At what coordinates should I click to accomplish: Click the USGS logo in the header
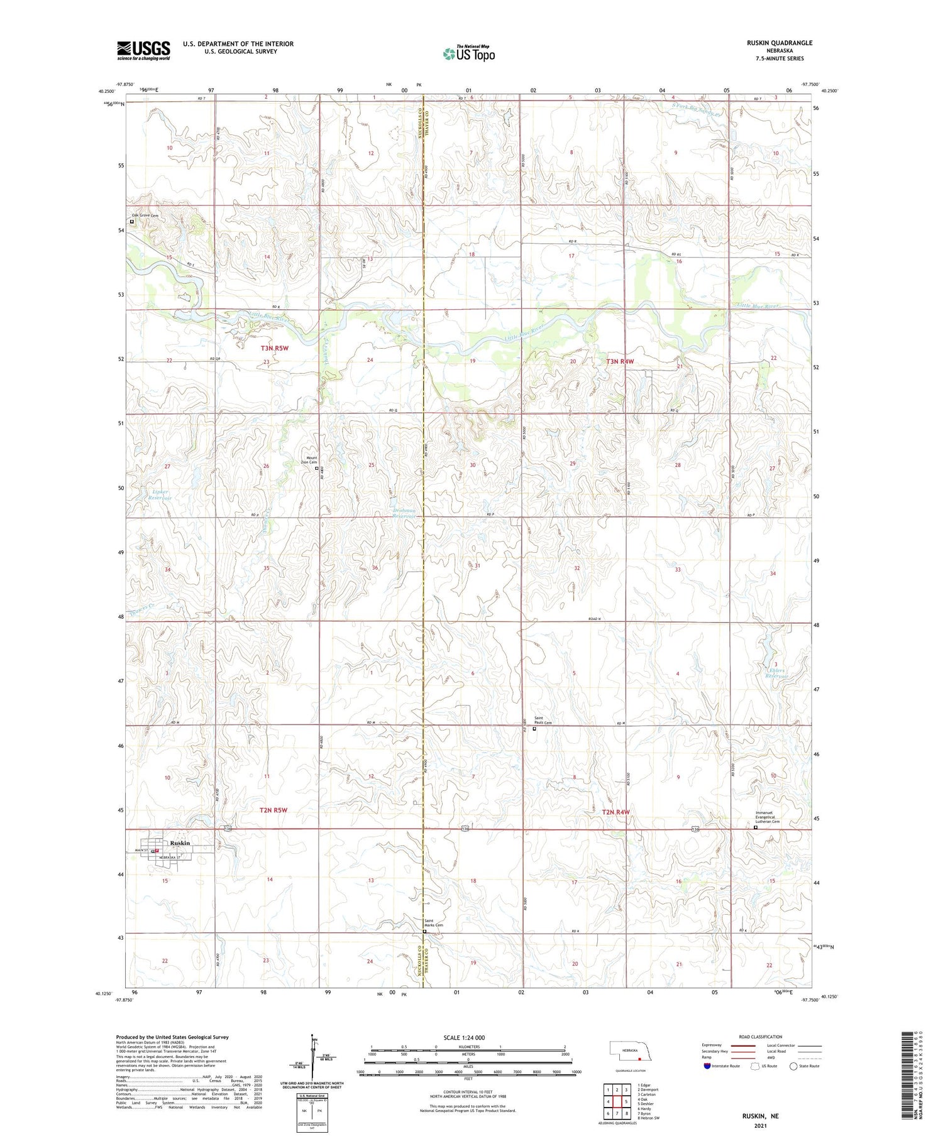pos(143,50)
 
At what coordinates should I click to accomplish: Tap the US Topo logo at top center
pos(468,53)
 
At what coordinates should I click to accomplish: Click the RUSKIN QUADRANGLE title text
pos(779,43)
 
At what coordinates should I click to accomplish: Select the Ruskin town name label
pos(179,843)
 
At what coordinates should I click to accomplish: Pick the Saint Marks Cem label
pos(432,924)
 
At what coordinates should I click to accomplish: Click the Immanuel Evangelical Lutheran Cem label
pos(768,817)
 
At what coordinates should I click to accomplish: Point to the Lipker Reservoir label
pos(160,494)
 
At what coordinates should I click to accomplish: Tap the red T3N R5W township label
pos(274,347)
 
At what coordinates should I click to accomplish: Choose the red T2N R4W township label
pos(615,812)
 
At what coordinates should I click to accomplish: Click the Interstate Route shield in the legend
pos(707,1066)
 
